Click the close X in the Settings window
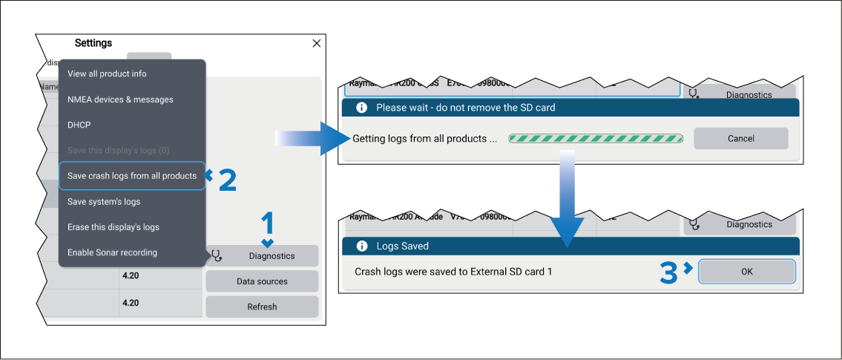(x=317, y=44)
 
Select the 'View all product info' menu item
(x=107, y=73)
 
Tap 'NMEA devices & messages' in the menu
(x=120, y=99)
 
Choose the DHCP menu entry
(x=79, y=125)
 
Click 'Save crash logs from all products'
(x=132, y=176)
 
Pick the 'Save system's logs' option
(x=104, y=201)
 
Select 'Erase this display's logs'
(x=114, y=227)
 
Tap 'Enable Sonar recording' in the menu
(x=112, y=252)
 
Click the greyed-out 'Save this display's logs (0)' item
(x=119, y=150)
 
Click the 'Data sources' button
(x=262, y=281)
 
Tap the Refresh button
(x=262, y=307)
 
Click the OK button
(x=747, y=272)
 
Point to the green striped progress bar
(x=596, y=138)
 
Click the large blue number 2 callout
(x=227, y=180)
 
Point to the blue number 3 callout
(x=669, y=272)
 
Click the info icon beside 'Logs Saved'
(x=363, y=246)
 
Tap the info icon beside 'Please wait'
(x=362, y=108)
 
